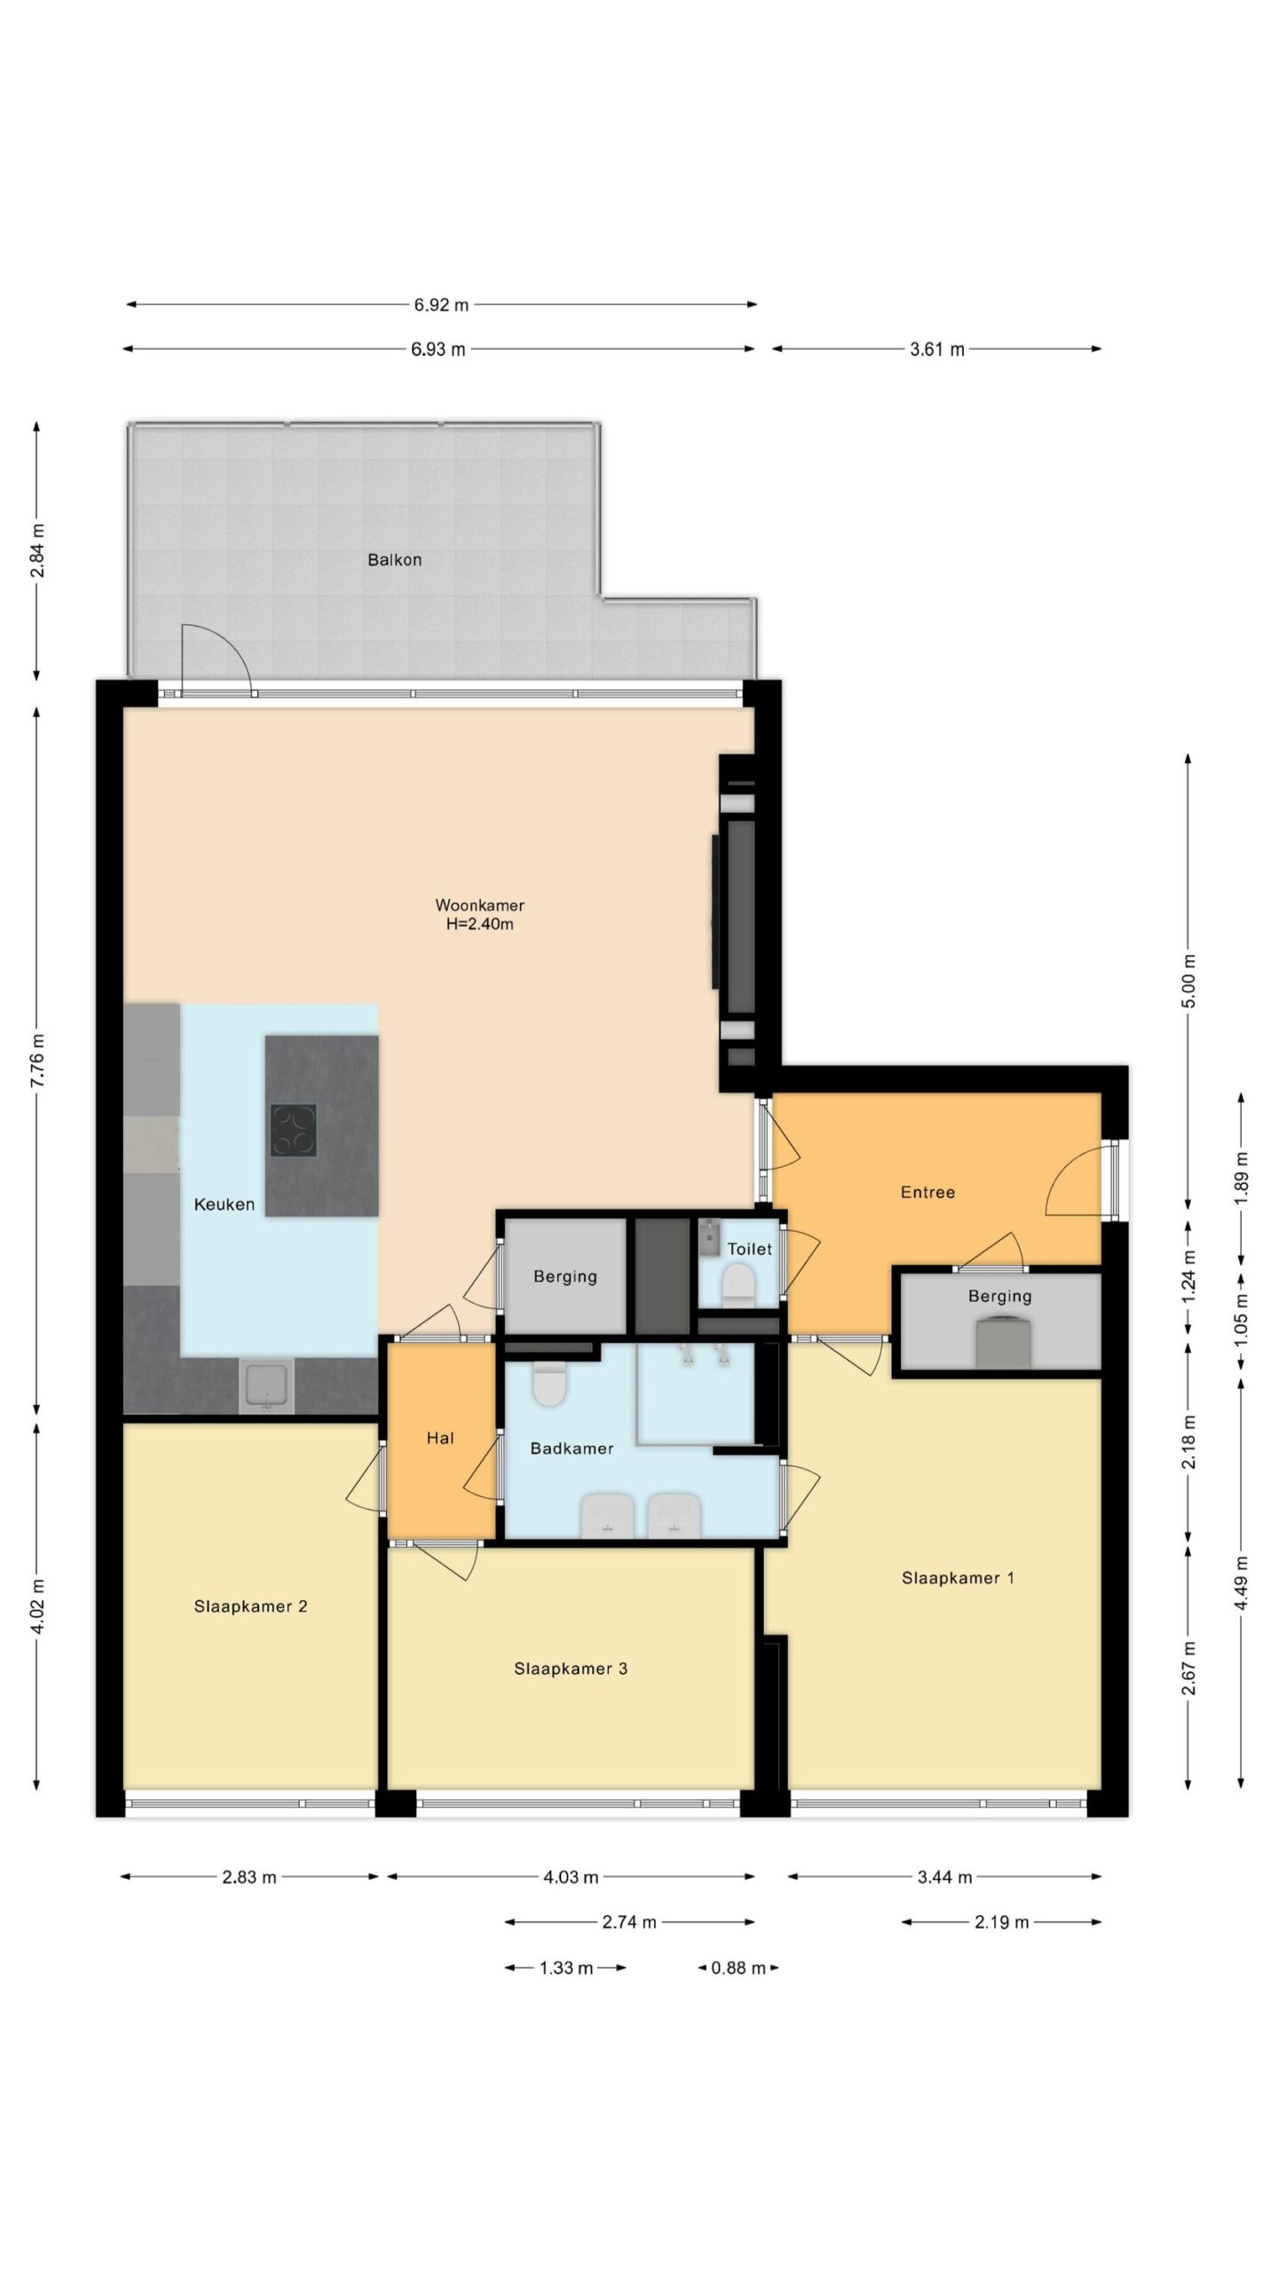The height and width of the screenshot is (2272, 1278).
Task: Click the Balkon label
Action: point(394,560)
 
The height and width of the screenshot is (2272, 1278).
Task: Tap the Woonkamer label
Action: point(479,905)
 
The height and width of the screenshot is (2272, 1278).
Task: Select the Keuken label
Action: point(225,1204)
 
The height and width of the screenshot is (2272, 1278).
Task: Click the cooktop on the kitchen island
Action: point(294,1130)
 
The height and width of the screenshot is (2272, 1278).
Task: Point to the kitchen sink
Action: point(266,1387)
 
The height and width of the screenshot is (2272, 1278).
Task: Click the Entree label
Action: point(927,1192)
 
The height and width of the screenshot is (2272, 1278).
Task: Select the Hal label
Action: point(440,1438)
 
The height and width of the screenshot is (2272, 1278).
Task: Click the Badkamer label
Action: point(572,1448)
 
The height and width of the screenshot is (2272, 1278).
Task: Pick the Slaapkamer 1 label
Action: point(958,1577)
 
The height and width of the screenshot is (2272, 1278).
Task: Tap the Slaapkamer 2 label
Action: point(250,1605)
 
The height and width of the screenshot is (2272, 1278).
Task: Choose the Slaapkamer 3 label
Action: point(571,1668)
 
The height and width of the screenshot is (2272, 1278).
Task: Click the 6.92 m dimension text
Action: point(441,305)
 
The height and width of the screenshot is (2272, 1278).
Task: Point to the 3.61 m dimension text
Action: point(936,350)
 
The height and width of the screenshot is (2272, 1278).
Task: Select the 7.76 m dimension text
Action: point(37,1060)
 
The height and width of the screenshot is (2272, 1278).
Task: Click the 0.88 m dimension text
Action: point(738,1968)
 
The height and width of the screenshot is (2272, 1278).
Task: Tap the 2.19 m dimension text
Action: point(1001,1922)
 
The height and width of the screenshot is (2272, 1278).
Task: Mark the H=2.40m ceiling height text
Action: point(479,924)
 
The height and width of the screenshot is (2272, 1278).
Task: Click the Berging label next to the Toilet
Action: point(564,1276)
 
